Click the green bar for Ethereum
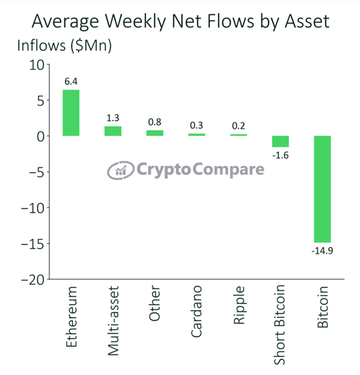pyautogui.click(x=71, y=113)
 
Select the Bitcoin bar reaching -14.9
pyautogui.click(x=322, y=189)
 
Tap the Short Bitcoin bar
pyautogui.click(x=280, y=142)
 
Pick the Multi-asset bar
pyautogui.click(x=113, y=131)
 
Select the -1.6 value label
pyautogui.click(x=280, y=155)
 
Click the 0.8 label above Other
pyautogui.click(x=155, y=122)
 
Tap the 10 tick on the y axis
pyautogui.click(x=37, y=65)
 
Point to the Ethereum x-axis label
pyautogui.click(x=71, y=320)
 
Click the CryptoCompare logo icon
pyautogui.click(x=121, y=170)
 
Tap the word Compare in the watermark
pyautogui.click(x=229, y=170)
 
